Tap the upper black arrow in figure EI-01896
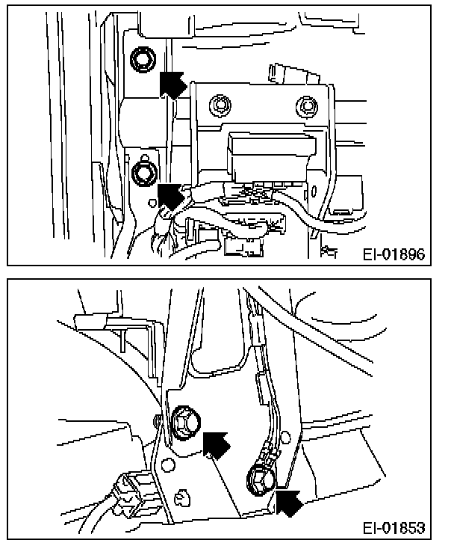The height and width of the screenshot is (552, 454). (x=172, y=83)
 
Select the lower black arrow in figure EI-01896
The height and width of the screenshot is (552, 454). (x=171, y=197)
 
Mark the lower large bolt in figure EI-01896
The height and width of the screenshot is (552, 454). (x=142, y=174)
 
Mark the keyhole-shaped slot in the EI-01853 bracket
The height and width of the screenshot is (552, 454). (x=182, y=496)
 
